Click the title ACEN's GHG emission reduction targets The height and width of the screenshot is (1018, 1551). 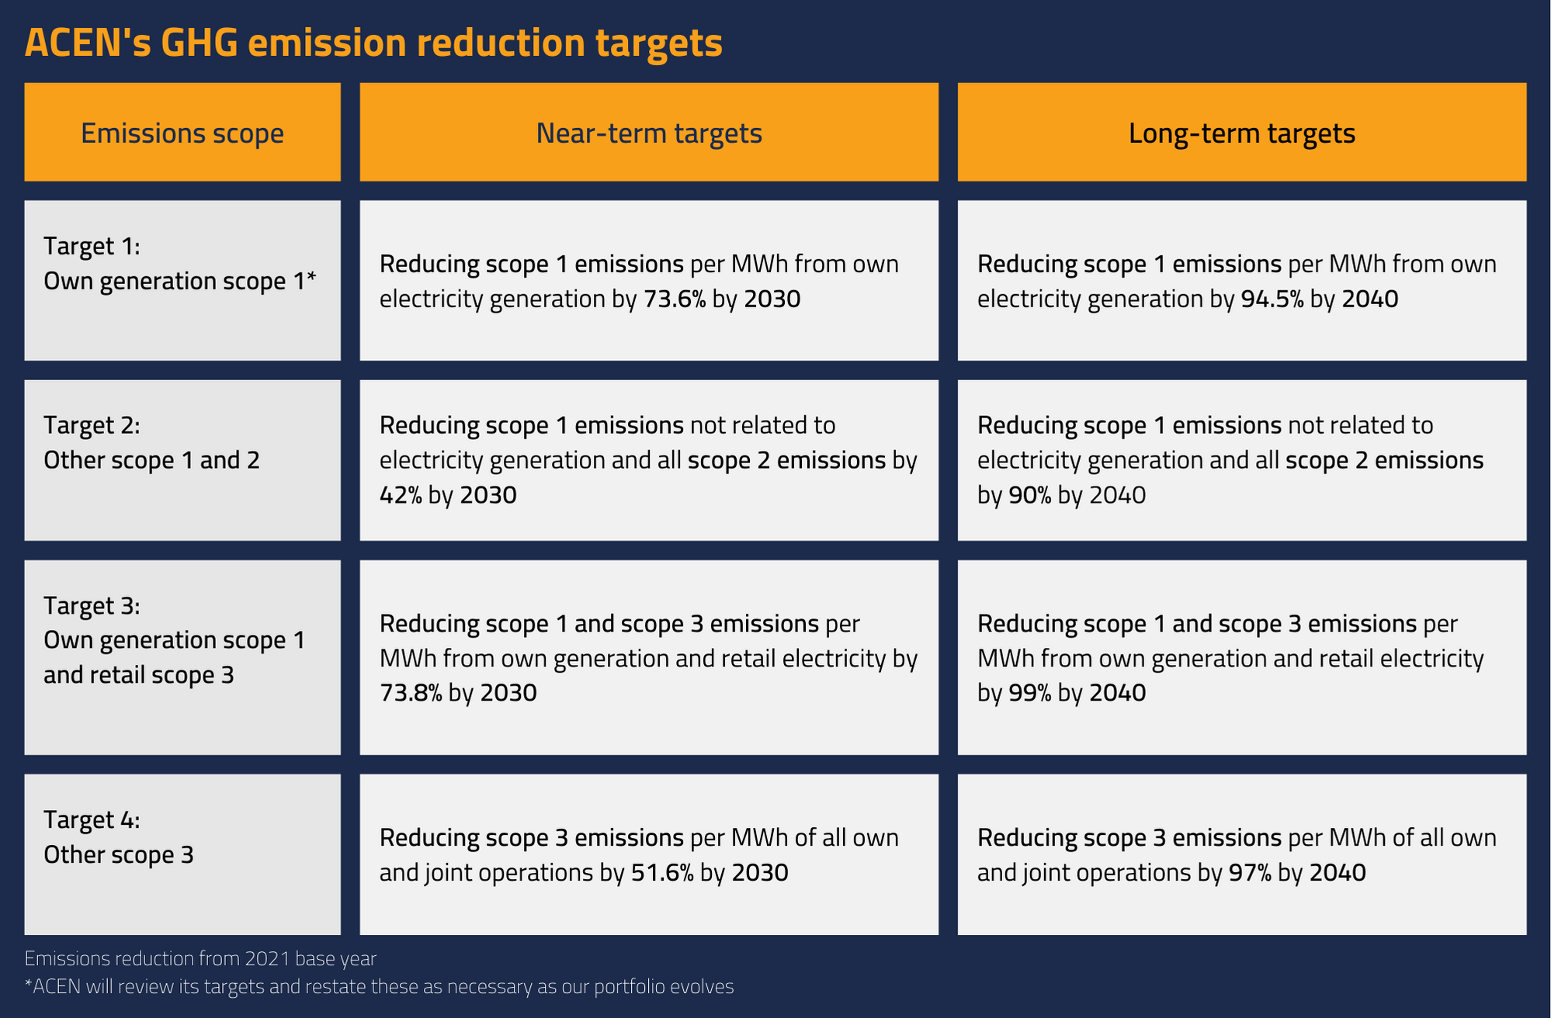[373, 43]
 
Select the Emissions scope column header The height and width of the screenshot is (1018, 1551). [182, 133]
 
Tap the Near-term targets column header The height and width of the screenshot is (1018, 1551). [649, 133]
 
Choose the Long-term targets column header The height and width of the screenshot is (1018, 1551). [1241, 133]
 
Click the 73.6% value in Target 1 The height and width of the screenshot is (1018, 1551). [675, 299]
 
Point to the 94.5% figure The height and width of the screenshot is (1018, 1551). [1272, 299]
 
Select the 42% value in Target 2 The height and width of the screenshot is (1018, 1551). [401, 495]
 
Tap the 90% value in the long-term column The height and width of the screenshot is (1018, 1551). [1029, 495]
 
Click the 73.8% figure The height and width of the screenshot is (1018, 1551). [411, 693]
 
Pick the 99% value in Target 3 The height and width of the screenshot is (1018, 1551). [1029, 693]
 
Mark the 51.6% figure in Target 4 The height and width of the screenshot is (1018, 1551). [662, 873]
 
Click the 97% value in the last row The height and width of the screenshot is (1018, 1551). [1250, 873]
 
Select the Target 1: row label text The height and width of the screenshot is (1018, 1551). [92, 246]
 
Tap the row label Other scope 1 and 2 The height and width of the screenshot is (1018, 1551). [151, 460]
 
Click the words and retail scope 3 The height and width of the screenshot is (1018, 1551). [138, 675]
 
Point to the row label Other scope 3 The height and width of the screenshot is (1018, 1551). [118, 855]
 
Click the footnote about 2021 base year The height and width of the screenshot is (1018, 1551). [200, 959]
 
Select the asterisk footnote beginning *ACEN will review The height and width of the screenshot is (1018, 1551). [379, 987]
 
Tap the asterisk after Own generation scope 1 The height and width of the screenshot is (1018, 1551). [311, 278]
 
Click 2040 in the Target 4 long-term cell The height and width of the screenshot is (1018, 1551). [1338, 873]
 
